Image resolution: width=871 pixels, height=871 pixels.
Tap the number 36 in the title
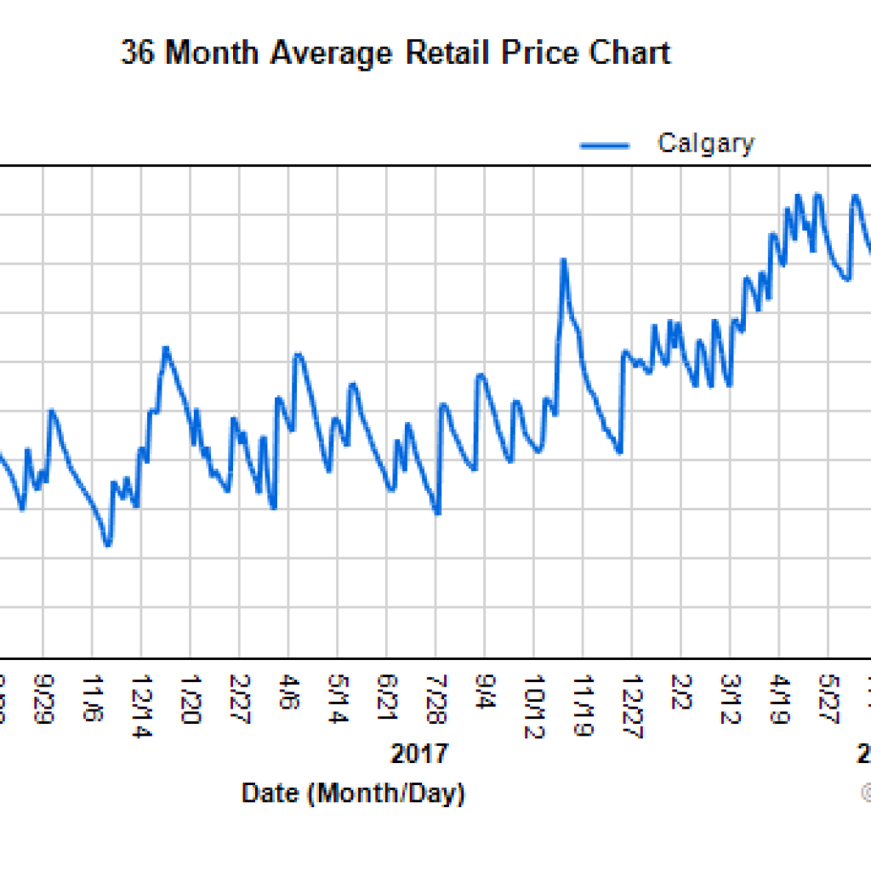138,54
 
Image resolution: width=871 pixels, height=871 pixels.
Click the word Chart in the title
632,54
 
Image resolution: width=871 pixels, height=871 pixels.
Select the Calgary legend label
705,143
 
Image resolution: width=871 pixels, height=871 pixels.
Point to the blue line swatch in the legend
605,145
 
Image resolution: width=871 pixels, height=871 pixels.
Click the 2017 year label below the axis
418,754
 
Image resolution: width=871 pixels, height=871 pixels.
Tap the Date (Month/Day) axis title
353,794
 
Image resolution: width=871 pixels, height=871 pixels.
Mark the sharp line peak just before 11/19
563,259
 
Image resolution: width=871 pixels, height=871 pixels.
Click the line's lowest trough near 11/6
107,544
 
